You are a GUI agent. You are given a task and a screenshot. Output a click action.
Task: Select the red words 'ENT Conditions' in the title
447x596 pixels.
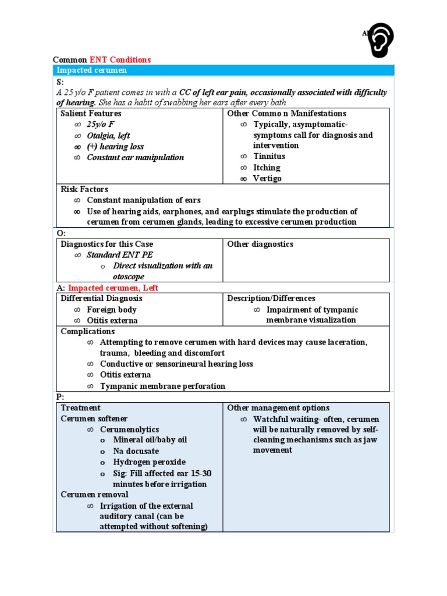120,60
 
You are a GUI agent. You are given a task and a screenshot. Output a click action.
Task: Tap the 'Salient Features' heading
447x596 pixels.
91,113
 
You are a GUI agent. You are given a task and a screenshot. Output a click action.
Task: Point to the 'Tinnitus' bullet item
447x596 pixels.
269,157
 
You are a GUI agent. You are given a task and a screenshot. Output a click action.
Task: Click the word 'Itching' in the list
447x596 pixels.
267,168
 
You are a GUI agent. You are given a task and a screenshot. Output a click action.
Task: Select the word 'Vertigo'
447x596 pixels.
267,179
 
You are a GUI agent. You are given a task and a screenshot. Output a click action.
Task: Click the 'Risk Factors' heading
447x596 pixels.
84,190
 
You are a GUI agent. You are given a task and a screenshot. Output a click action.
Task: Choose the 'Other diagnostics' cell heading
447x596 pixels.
260,244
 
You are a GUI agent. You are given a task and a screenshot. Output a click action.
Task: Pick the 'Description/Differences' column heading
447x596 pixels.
271,299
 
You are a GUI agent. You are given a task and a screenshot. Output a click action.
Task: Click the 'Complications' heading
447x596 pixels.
88,332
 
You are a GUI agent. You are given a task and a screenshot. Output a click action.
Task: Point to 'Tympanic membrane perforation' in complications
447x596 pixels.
162,386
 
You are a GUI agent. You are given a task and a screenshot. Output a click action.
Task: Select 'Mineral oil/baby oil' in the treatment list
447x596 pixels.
150,440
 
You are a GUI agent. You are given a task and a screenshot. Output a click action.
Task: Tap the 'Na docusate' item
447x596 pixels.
136,451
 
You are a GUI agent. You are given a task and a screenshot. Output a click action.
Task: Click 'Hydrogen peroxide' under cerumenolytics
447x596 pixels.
149,462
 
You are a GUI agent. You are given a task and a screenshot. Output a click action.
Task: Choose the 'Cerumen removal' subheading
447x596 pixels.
94,495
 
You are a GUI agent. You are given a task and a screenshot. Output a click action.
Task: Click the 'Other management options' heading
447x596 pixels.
278,408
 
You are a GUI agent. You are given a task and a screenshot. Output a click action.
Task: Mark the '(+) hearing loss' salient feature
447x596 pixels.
115,147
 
